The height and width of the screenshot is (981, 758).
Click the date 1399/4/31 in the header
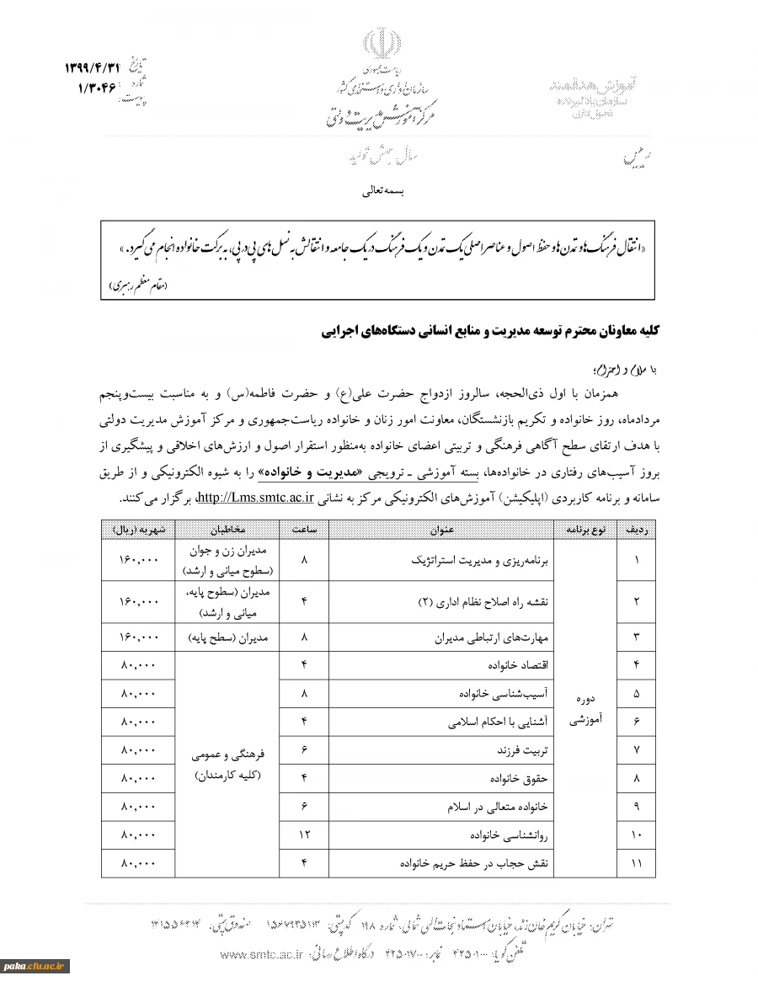point(92,67)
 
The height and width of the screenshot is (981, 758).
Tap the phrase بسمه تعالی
point(383,191)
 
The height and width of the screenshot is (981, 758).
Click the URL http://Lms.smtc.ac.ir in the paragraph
point(255,496)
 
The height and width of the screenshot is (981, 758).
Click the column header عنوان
point(440,530)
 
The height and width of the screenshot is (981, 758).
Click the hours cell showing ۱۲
point(303,834)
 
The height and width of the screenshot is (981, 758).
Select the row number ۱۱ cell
point(636,863)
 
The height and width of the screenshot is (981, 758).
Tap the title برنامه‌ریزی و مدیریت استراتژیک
point(480,560)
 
